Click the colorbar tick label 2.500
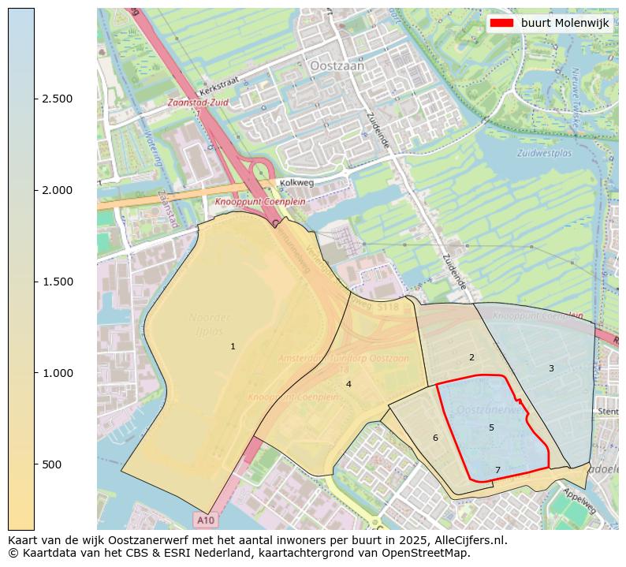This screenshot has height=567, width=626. click(58, 99)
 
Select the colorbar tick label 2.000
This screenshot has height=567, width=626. click(58, 190)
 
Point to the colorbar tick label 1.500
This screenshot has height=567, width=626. click(58, 282)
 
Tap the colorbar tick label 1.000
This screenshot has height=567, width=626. click(58, 373)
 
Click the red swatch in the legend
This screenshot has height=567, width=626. click(501, 23)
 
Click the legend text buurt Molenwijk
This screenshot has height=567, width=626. click(565, 23)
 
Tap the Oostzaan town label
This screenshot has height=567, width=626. click(337, 67)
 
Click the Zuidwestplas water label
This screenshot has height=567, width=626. click(544, 153)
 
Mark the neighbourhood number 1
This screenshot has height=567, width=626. click(233, 346)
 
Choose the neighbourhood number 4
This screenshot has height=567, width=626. click(348, 384)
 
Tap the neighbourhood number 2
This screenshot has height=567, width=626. click(471, 357)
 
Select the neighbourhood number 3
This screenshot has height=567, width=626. click(551, 368)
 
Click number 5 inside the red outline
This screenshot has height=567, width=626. click(491, 427)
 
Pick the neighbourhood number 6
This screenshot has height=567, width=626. click(435, 438)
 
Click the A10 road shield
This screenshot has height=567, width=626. click(205, 520)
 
